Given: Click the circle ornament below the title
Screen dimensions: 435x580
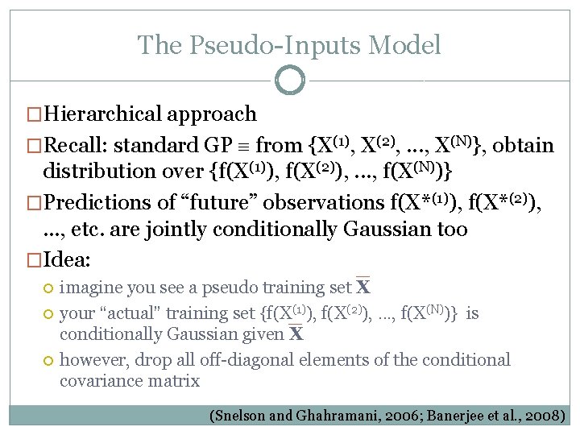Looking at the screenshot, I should tap(290, 81).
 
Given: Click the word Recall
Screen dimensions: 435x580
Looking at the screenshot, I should tap(76, 146).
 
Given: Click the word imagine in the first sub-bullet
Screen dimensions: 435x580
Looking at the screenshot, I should tap(89, 288).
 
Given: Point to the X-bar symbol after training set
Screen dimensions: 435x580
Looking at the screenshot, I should tap(363, 287).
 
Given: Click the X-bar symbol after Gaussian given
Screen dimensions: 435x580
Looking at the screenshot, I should tap(296, 333).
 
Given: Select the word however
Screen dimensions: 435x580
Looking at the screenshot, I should tap(90, 360).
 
